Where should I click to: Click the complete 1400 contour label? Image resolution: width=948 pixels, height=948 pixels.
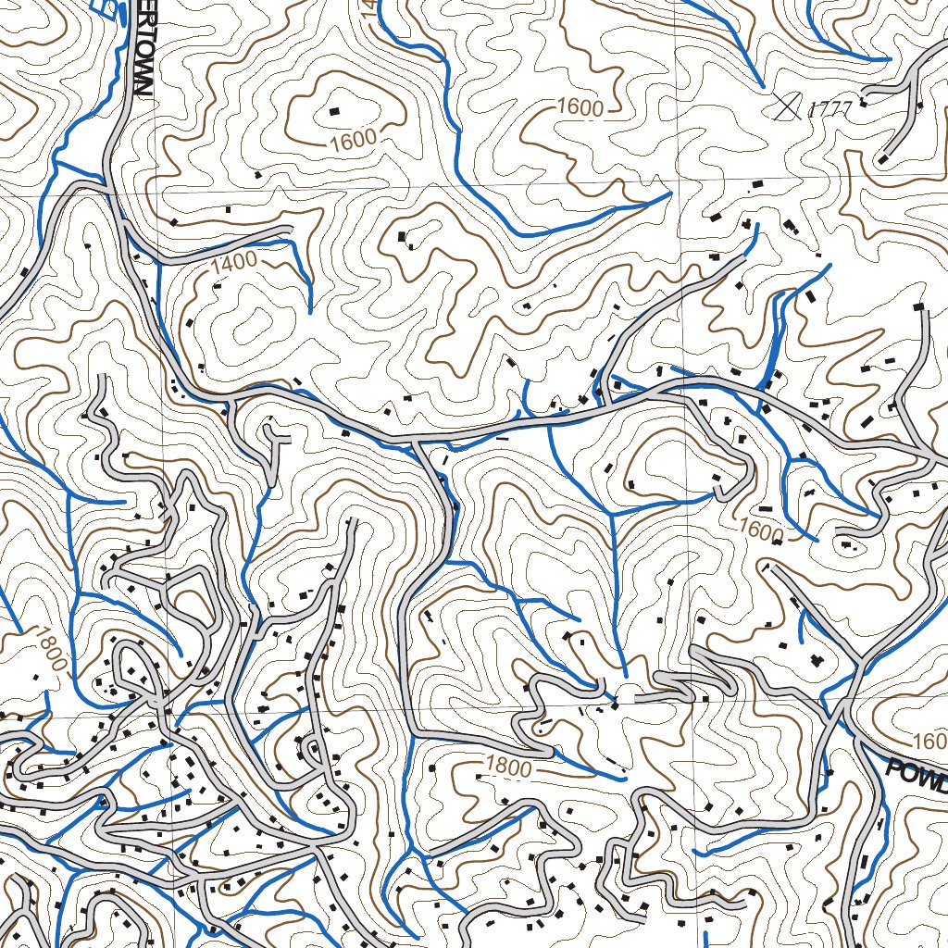click(x=233, y=263)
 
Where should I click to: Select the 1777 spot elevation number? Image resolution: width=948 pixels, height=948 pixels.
click(x=829, y=109)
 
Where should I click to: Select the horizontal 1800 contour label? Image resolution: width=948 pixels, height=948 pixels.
click(x=508, y=768)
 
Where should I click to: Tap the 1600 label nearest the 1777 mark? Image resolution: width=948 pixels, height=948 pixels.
click(x=580, y=108)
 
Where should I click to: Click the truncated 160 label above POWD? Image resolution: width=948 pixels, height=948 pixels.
click(x=929, y=742)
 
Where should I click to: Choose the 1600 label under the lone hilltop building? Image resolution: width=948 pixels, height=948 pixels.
click(x=353, y=141)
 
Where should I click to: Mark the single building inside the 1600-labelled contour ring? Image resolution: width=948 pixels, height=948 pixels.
click(x=334, y=111)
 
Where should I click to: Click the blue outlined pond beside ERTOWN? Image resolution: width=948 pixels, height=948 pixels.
click(x=109, y=8)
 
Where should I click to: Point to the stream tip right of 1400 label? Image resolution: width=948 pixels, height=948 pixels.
click(x=310, y=311)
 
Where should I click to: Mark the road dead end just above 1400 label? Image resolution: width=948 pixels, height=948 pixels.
click(x=290, y=228)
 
